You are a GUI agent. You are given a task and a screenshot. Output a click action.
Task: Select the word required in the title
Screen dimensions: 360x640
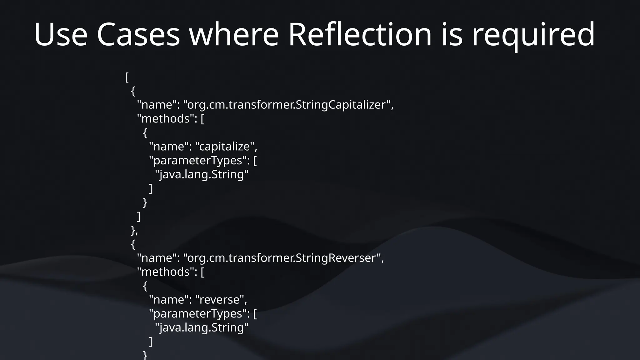pyautogui.click(x=533, y=35)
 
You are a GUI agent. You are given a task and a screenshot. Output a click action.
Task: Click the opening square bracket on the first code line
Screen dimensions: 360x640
pyautogui.click(x=127, y=77)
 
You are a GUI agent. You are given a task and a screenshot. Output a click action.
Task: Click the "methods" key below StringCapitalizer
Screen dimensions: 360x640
pyautogui.click(x=166, y=119)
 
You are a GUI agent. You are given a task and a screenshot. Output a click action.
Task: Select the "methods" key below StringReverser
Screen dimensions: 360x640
pyautogui.click(x=166, y=272)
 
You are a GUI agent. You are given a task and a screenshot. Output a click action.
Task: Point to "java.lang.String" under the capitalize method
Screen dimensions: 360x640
pyautogui.click(x=202, y=174)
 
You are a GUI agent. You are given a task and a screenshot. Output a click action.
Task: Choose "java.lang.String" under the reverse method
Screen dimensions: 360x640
pyautogui.click(x=202, y=327)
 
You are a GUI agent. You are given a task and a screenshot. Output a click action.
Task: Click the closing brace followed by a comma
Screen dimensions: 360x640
pyautogui.click(x=134, y=230)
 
